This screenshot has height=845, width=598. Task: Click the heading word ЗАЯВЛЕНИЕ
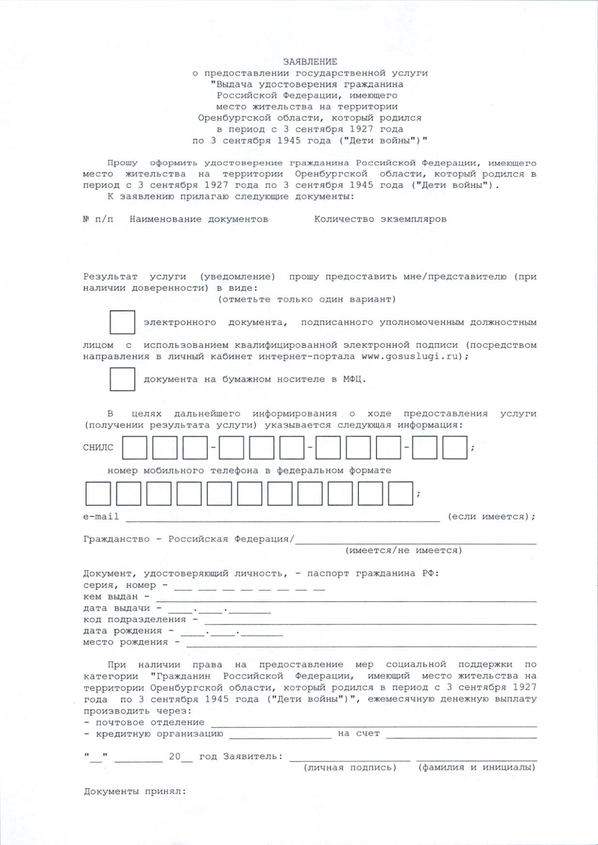(310, 62)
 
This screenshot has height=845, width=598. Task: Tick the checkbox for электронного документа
(122, 322)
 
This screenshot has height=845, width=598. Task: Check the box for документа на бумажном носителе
(122, 379)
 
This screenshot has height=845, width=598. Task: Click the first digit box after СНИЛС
(135, 447)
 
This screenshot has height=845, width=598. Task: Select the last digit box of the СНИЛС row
(454, 447)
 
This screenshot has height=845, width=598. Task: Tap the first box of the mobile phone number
(98, 494)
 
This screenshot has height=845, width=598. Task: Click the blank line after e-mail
(283, 518)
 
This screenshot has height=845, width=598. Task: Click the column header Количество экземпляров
(380, 219)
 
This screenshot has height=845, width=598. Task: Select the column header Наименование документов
(198, 219)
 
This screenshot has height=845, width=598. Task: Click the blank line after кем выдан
(346, 599)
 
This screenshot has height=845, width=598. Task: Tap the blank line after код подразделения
(370, 622)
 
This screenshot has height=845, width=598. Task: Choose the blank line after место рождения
(361, 644)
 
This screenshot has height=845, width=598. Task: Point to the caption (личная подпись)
(350, 768)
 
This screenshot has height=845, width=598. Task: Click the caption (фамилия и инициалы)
(476, 768)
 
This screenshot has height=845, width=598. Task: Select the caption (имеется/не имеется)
(404, 551)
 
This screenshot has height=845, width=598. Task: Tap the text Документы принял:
(135, 792)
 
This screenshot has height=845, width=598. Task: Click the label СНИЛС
(98, 447)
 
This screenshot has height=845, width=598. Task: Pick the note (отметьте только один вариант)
(307, 299)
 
